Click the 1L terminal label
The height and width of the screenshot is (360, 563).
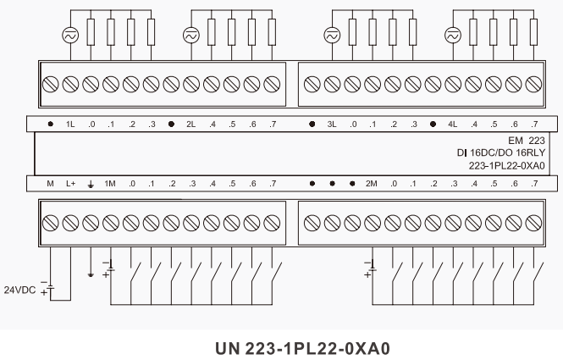point(70,125)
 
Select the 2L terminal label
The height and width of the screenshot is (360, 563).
point(191,125)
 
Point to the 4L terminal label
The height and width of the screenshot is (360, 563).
point(453,125)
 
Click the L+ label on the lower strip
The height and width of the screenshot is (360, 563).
point(70,183)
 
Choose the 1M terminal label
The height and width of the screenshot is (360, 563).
point(110,183)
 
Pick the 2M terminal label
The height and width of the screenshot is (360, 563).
point(372,183)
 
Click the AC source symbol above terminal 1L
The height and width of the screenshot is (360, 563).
point(70,35)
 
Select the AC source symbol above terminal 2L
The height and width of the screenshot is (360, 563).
point(191,35)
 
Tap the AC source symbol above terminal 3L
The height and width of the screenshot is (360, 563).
point(332,35)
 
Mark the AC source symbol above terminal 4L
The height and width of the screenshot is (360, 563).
point(453,35)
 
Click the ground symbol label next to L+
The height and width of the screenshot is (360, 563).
point(91,183)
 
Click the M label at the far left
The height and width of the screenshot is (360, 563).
point(50,183)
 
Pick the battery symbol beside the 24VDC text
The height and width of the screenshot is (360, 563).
point(48,288)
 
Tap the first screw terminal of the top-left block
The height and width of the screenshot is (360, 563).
point(50,85)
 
